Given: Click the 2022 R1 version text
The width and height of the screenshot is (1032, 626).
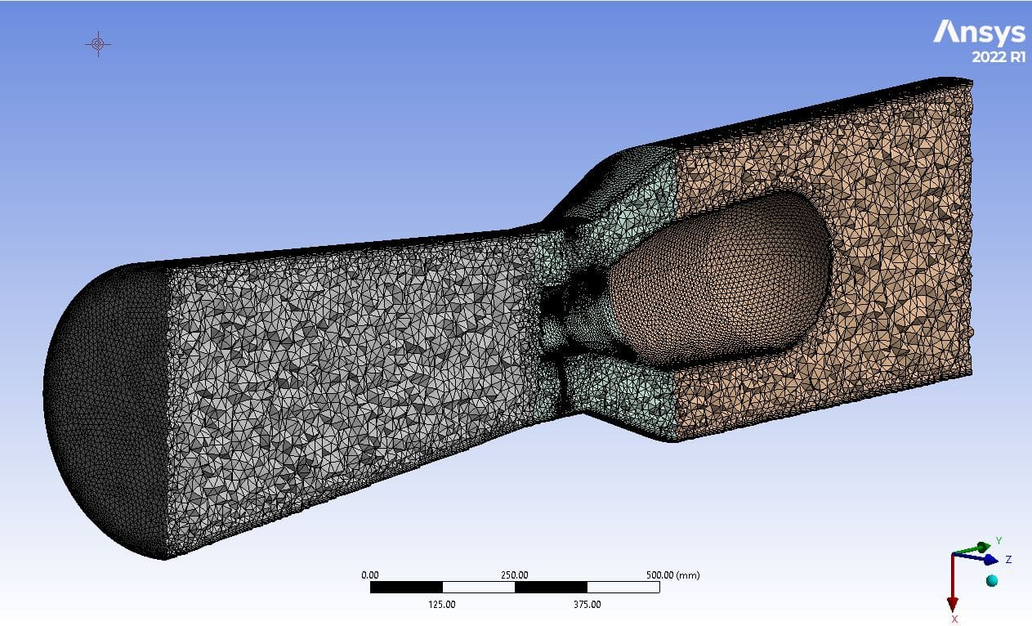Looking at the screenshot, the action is (x=998, y=57).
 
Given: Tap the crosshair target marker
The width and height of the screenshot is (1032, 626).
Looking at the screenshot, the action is (x=98, y=44).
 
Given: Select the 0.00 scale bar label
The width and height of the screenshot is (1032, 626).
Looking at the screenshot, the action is (x=370, y=575).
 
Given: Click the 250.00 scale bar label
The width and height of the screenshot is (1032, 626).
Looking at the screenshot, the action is (x=515, y=575).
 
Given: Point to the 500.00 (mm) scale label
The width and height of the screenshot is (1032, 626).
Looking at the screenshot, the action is (x=673, y=575).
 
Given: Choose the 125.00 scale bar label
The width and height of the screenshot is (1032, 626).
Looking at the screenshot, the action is (x=442, y=605).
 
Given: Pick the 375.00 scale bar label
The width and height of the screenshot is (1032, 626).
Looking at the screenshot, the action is (x=587, y=605).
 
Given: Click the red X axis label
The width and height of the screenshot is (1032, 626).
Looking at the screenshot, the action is (x=954, y=619).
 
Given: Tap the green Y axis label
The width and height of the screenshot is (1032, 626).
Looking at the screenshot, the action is (x=998, y=541).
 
